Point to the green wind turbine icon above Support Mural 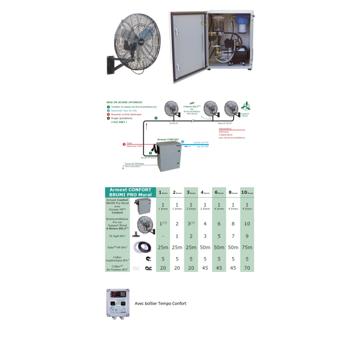[x=244, y=107]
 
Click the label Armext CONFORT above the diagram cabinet [x=167, y=140]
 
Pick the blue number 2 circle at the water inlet [x=183, y=142]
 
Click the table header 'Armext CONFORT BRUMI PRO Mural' [x=130, y=192]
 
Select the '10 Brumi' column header [x=245, y=192]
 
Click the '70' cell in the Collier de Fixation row [x=245, y=268]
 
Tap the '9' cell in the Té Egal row [x=245, y=235]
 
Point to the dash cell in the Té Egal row [x=163, y=235]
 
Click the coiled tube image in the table [x=147, y=246]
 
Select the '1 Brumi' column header [x=163, y=192]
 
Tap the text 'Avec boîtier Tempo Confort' [x=160, y=304]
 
